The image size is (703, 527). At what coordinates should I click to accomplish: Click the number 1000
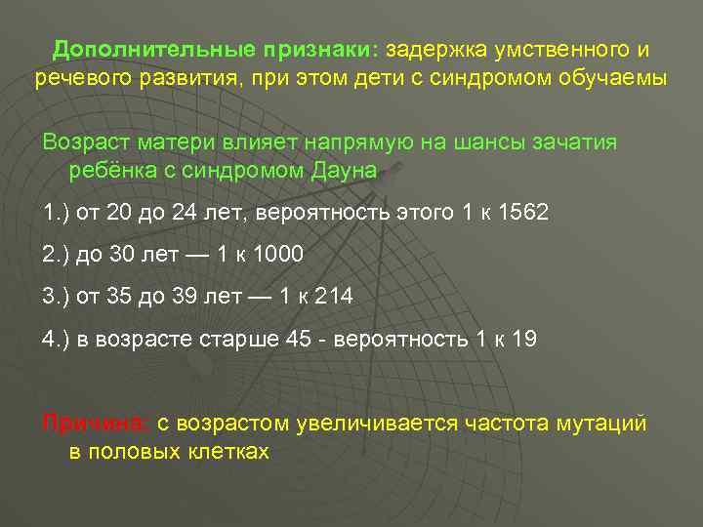coord(279,255)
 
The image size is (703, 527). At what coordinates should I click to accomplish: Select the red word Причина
coord(96,423)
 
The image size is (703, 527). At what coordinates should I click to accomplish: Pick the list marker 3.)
coord(56,297)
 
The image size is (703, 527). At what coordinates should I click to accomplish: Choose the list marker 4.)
coord(56,339)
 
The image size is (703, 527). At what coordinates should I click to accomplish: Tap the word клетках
coord(223,452)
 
